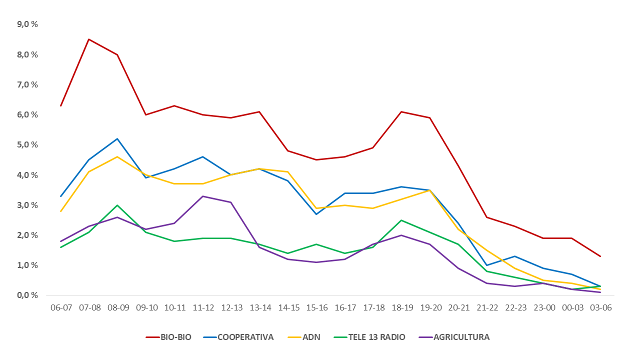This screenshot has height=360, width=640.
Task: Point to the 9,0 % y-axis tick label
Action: [28, 24]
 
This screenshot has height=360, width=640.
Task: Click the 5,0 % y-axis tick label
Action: [28, 144]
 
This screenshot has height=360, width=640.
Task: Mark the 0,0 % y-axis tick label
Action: [28, 295]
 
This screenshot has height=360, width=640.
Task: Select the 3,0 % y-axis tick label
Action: [28, 205]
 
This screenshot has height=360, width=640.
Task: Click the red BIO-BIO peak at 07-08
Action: [89, 39]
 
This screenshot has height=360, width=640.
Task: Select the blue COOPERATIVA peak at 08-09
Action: [117, 138]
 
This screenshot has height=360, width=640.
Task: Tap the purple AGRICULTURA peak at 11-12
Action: [202, 196]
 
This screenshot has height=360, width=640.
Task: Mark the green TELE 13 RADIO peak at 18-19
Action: [401, 220]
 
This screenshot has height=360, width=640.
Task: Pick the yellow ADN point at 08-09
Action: [117, 156]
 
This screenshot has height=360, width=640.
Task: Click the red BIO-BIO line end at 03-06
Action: [600, 256]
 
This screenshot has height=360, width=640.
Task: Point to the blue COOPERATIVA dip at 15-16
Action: [316, 214]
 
